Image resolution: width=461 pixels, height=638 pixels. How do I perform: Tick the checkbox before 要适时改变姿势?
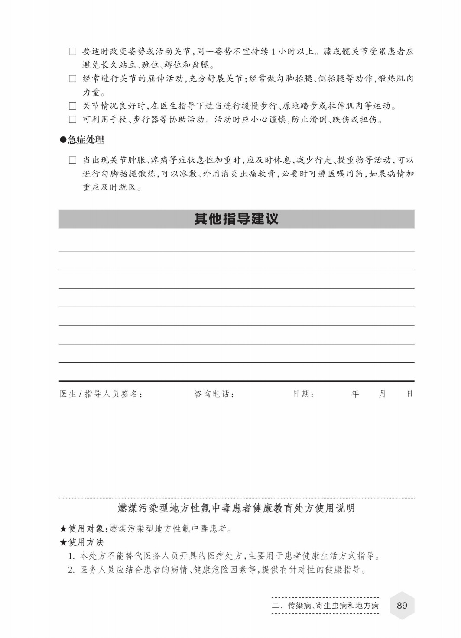coord(73,52)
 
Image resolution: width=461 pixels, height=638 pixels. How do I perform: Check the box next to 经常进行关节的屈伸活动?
coord(73,79)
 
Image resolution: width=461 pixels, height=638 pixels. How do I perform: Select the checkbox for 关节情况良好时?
coord(73,106)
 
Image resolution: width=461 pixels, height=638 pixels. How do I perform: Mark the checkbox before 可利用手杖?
coord(73,119)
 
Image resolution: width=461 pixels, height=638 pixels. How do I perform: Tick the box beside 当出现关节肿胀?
coord(73,160)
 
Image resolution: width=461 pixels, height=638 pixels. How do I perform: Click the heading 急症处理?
coord(86,140)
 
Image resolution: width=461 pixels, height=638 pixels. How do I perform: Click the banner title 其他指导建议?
coord(236,219)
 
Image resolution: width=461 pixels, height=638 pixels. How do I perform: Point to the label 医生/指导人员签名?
coord(101,394)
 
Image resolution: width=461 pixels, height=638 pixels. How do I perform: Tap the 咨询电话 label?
coord(214,394)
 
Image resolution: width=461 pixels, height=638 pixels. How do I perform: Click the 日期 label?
coord(303,394)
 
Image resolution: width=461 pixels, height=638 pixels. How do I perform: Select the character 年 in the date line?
coord(355,394)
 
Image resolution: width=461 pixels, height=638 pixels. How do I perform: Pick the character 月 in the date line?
coord(382,394)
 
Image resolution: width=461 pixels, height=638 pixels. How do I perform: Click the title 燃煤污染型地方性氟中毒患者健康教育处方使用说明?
coord(236,508)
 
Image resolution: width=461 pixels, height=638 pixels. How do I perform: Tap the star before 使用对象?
coord(63,528)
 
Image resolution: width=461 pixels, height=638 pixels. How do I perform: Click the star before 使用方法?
coord(63,542)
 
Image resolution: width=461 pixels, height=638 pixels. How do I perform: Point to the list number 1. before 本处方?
coord(72,556)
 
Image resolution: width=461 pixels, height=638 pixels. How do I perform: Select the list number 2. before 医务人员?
coord(72,570)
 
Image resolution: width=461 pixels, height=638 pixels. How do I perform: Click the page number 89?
coord(402,605)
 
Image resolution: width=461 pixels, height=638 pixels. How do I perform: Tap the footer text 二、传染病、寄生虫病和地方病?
coord(325,605)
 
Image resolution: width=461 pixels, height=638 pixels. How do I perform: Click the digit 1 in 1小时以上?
coord(273,52)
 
